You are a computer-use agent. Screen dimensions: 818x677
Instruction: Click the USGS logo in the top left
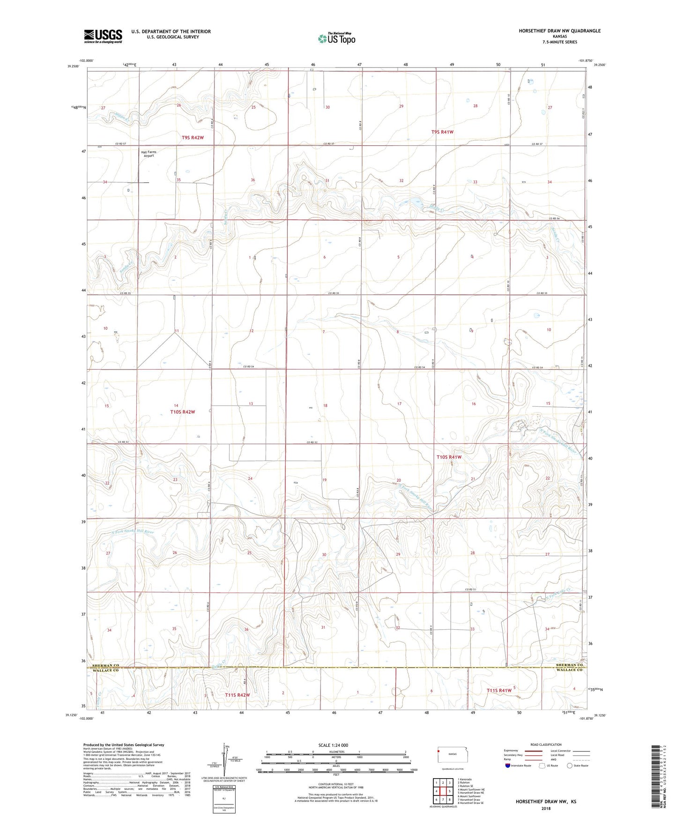pos(103,36)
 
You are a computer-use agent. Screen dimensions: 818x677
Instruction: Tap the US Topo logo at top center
pos(336,38)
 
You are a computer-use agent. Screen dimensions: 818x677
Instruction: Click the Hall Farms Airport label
pos(149,154)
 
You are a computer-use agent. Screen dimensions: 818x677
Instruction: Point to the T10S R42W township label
pos(182,412)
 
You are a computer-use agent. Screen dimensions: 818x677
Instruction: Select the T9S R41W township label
pos(442,132)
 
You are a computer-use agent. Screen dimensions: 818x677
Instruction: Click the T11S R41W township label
pos(499,691)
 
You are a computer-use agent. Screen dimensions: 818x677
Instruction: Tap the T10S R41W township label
pos(449,457)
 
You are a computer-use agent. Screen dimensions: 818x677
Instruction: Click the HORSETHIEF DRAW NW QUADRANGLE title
pos(559,31)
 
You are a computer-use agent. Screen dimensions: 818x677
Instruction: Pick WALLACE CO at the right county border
pos(569,670)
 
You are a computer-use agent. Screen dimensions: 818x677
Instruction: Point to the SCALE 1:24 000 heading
pos(333,745)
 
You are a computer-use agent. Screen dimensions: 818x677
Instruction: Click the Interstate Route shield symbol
pos(507,766)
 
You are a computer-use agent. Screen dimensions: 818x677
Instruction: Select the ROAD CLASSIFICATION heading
pos(546,744)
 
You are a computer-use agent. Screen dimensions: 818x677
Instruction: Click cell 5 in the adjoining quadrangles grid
pos(449,791)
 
